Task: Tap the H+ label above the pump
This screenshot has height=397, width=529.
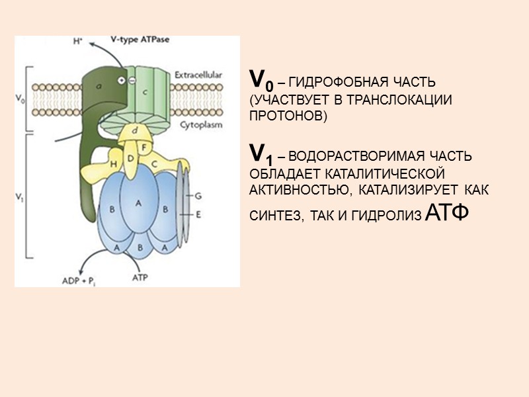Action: [x=77, y=41]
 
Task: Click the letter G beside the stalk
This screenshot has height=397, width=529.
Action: [x=198, y=197]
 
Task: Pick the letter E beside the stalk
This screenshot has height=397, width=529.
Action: [x=198, y=214]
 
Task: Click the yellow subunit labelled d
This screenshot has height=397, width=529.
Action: [x=135, y=130]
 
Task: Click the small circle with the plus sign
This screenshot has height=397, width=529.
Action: [x=122, y=80]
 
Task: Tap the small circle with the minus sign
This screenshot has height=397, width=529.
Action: [x=132, y=80]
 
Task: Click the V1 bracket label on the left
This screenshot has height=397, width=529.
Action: [x=20, y=196]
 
